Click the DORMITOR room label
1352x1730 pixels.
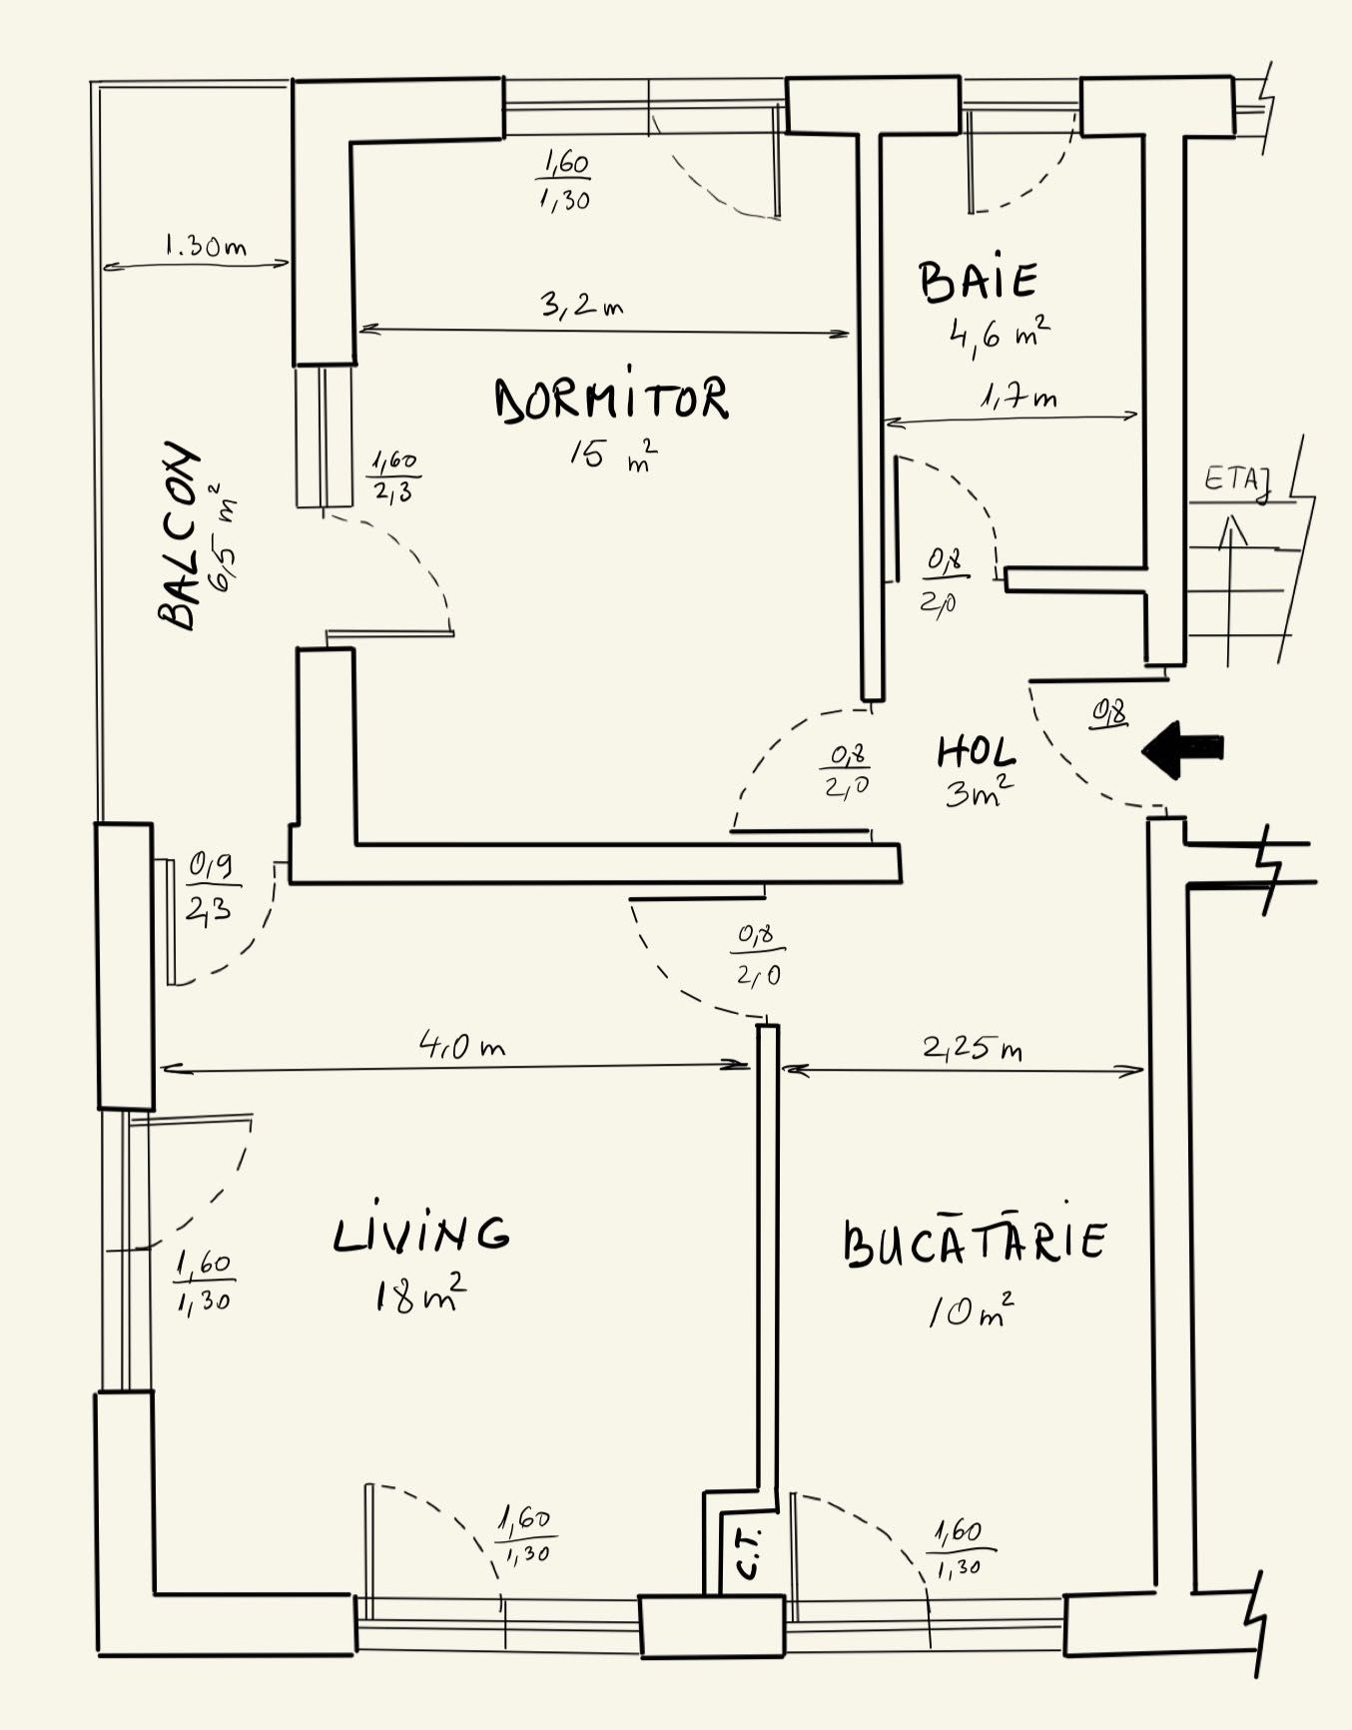[x=612, y=399]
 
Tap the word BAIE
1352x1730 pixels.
[x=979, y=281]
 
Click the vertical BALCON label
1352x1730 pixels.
[x=180, y=535]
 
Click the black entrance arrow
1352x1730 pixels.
[x=1182, y=748]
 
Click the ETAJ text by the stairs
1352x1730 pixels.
[x=1237, y=481]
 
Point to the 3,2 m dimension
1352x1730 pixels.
[x=582, y=304]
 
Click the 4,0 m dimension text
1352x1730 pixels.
[x=461, y=1046]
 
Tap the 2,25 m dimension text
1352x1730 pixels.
[x=972, y=1048]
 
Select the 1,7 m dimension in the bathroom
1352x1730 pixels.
[x=1018, y=398]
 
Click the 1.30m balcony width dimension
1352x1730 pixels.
[x=205, y=245]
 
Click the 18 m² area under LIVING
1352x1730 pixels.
[x=420, y=1295]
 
